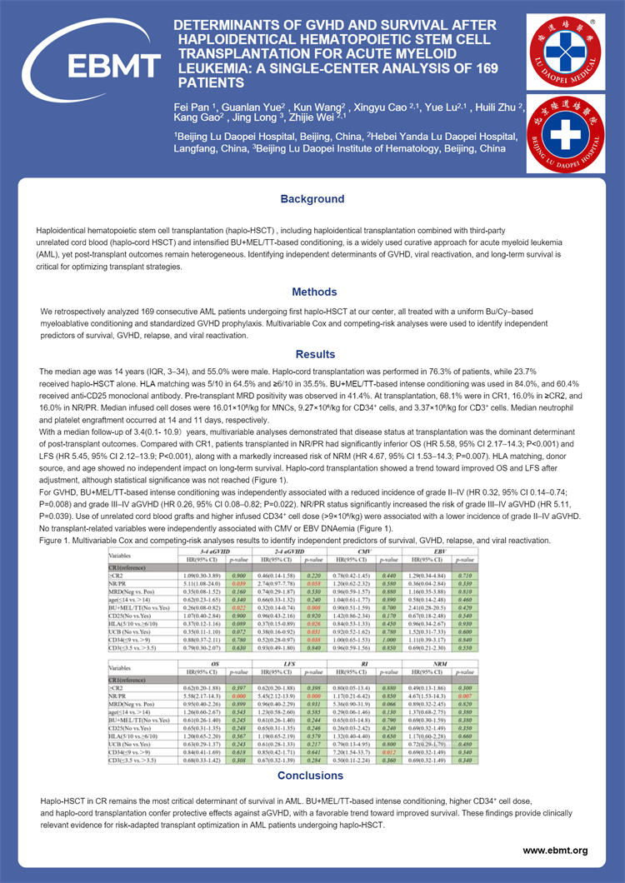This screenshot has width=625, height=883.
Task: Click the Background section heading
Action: (x=312, y=199)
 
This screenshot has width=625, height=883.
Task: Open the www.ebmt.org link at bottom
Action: (x=555, y=851)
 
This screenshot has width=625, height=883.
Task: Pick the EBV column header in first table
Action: (x=441, y=551)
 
